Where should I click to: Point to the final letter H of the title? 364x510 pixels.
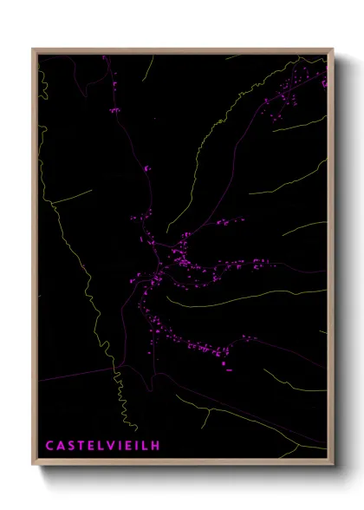click(155, 446)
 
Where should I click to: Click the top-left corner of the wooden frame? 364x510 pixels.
click(34, 49)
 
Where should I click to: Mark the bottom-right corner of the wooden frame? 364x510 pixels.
click(333, 466)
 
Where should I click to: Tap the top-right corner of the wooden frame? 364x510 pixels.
click(333, 49)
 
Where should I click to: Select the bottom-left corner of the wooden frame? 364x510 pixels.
click(34, 466)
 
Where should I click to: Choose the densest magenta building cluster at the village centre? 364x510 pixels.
click(182, 260)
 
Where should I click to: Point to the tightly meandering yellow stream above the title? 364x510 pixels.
click(121, 403)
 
